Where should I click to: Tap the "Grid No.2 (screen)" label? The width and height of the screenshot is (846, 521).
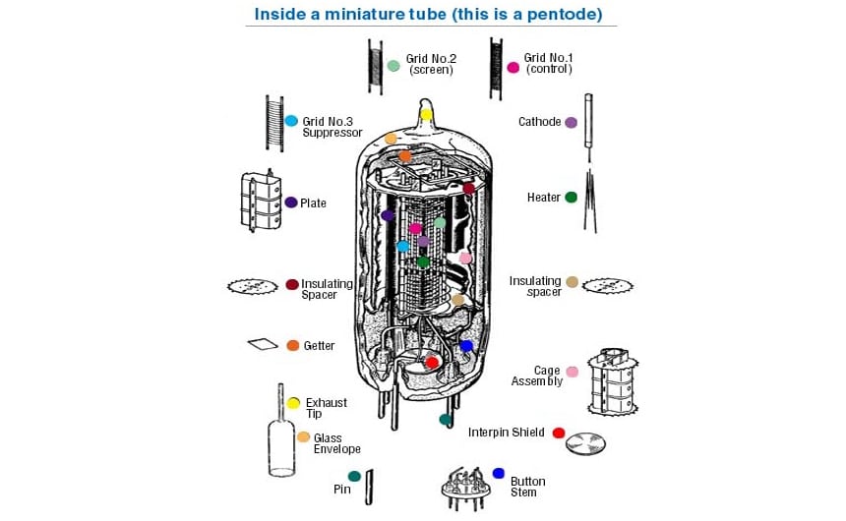point(430,64)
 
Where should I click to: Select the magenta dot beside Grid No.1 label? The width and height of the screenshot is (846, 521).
point(513,68)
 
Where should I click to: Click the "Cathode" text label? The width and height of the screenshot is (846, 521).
point(539,122)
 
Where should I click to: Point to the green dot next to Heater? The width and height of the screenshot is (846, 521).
point(571,198)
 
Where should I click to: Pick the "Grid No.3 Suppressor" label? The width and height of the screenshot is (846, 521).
point(332,127)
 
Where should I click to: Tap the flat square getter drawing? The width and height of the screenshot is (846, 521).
point(263,344)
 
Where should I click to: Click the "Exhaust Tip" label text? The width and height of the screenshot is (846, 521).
point(326,408)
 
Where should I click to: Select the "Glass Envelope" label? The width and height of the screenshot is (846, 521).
point(336,443)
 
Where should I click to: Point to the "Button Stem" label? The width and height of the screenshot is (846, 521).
point(527,487)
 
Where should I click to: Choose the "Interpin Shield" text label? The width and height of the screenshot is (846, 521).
point(506,433)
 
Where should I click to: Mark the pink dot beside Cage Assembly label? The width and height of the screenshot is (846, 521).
point(572,372)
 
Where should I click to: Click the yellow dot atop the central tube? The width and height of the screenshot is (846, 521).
point(426,114)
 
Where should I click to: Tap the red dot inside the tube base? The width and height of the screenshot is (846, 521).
point(431,363)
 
